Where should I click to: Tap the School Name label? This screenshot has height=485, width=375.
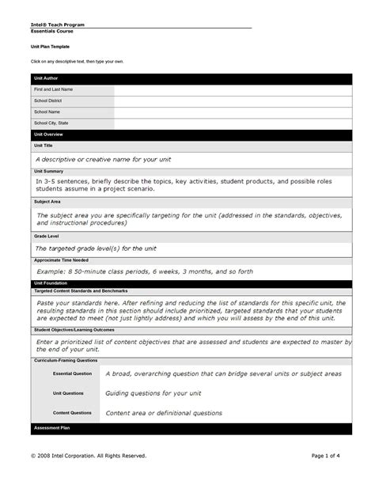[47, 113]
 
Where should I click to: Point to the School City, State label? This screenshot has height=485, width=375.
[51, 123]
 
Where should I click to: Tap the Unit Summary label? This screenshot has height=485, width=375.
[48, 171]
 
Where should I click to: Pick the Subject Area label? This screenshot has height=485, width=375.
[46, 202]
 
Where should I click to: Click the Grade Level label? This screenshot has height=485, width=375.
[45, 237]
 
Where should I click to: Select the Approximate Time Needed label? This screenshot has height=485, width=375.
[61, 260]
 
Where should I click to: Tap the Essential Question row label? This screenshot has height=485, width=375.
[72, 373]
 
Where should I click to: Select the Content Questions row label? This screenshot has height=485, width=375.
[72, 413]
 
